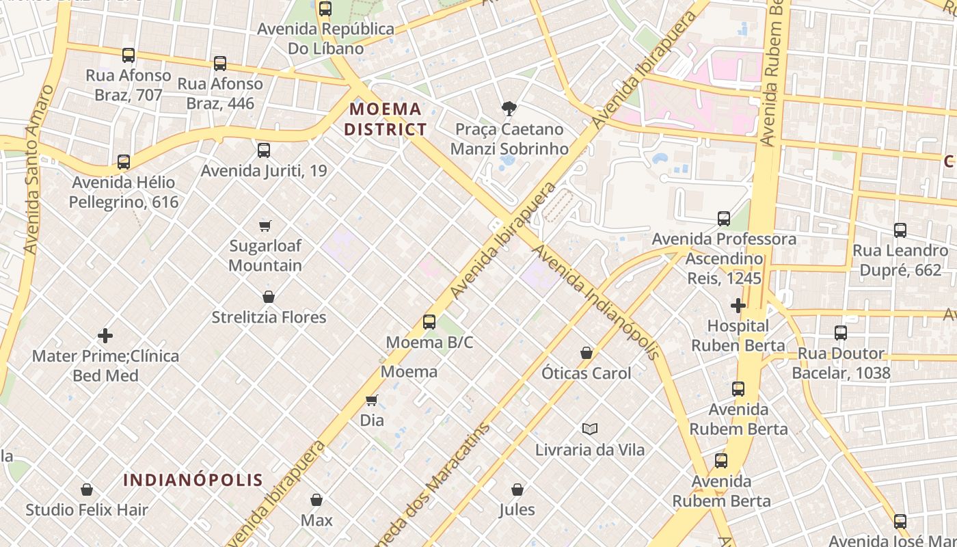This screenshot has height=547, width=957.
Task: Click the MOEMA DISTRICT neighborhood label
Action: pyautogui.click(x=386, y=119)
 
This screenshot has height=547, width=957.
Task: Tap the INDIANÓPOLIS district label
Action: pyautogui.click(x=193, y=480)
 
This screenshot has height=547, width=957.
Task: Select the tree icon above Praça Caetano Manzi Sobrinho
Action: pyautogui.click(x=509, y=108)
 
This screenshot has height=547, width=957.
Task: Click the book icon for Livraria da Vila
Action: pyautogui.click(x=590, y=429)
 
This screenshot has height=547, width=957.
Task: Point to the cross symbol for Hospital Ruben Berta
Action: pyautogui.click(x=738, y=305)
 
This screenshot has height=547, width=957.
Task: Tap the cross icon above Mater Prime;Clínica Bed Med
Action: pyautogui.click(x=105, y=335)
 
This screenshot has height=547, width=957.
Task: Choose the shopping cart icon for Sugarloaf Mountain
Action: pyautogui.click(x=265, y=225)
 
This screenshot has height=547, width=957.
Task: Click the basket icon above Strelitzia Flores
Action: pyautogui.click(x=269, y=297)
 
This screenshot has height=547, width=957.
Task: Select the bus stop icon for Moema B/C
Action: pyautogui.click(x=429, y=321)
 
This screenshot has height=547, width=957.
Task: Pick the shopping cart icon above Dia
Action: pyautogui.click(x=372, y=399)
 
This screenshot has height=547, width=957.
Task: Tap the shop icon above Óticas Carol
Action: pyautogui.click(x=587, y=353)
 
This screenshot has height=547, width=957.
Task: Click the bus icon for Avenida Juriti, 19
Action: pyautogui.click(x=264, y=150)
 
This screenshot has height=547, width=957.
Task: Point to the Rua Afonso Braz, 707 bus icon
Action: pyautogui.click(x=129, y=55)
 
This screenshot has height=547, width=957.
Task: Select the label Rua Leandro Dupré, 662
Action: pyautogui.click(x=900, y=260)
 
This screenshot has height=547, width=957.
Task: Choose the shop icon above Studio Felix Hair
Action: pyautogui.click(x=87, y=490)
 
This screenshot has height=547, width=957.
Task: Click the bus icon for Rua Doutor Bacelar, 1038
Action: pyautogui.click(x=841, y=333)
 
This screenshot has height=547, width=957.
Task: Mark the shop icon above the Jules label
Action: pyautogui.click(x=517, y=490)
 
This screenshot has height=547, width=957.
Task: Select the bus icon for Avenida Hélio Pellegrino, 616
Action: pyautogui.click(x=124, y=162)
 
